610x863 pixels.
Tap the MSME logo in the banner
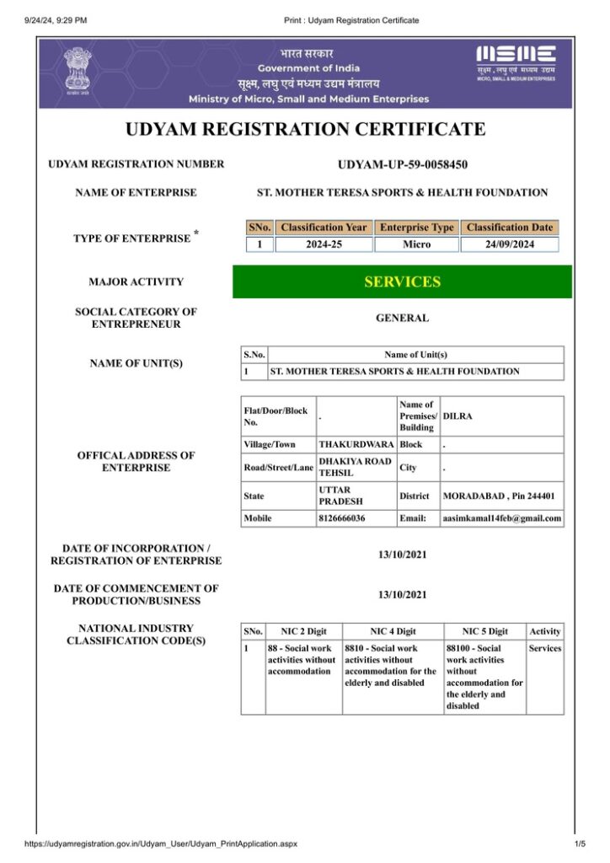click(x=516, y=61)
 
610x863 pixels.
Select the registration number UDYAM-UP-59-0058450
click(x=402, y=164)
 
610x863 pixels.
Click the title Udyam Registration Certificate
click(x=305, y=130)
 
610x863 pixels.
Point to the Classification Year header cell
click(x=324, y=228)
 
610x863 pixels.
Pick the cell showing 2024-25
click(x=324, y=244)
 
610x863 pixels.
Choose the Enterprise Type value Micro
click(x=416, y=244)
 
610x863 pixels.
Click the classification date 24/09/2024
click(x=509, y=244)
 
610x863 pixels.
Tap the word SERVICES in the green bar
click(x=402, y=282)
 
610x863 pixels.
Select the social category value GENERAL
click(x=402, y=319)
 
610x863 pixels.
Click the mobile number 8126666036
click(x=342, y=518)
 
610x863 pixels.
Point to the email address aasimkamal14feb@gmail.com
click(x=502, y=518)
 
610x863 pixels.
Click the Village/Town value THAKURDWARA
click(x=356, y=443)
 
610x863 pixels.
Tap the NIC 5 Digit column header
click(x=484, y=631)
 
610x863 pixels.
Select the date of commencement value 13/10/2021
click(x=402, y=595)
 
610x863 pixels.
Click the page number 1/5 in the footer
click(x=579, y=843)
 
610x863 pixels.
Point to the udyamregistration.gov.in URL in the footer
click(x=161, y=843)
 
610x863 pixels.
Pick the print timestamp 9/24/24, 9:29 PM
click(x=56, y=20)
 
